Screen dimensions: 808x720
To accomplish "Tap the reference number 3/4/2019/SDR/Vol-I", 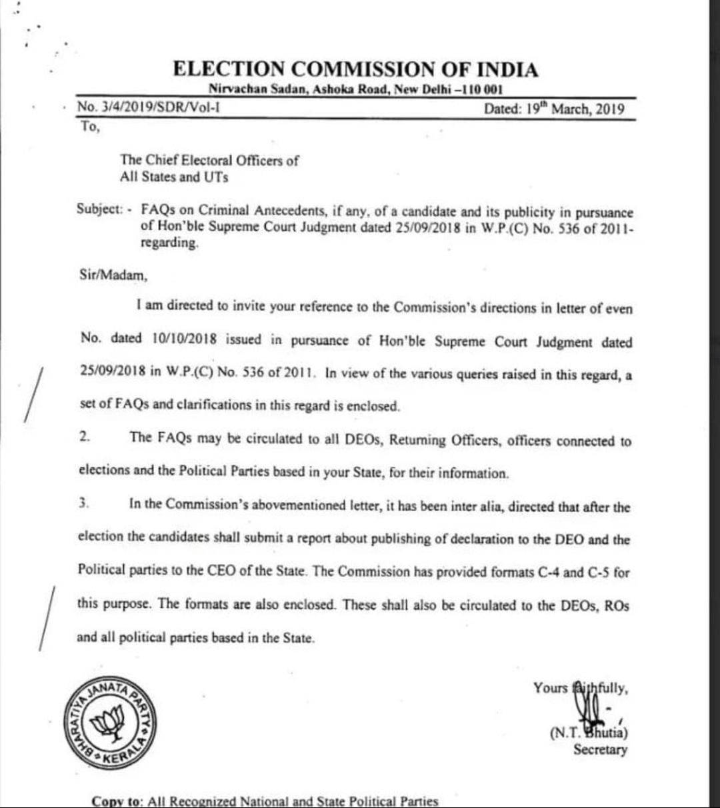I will pos(149,107).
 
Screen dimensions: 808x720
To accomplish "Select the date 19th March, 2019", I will pos(554,109).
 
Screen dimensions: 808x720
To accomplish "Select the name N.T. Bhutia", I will pos(589,732).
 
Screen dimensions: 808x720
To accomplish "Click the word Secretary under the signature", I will pos(600,750).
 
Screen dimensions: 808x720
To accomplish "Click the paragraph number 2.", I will pos(84,437).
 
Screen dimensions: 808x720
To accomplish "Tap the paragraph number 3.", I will pos(84,503).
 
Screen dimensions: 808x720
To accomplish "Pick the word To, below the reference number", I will pos(89,127).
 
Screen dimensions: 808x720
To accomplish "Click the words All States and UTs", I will pos(174,177).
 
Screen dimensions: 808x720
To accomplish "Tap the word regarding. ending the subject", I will pos(169,244).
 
